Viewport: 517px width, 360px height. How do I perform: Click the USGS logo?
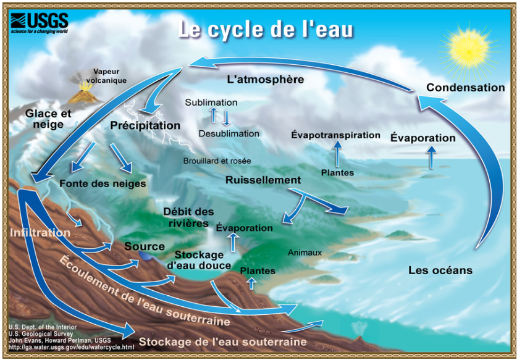[40, 23]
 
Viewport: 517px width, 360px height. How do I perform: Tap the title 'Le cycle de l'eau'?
[266, 29]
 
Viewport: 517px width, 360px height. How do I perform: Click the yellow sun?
[469, 50]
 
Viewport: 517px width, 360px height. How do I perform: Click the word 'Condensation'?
[466, 88]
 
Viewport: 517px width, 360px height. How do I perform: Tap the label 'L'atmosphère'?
[266, 80]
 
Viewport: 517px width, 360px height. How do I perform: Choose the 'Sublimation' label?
[211, 103]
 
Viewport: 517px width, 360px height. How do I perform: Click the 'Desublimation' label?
[229, 133]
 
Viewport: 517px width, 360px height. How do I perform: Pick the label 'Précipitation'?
[145, 125]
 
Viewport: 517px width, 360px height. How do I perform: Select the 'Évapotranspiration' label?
[335, 135]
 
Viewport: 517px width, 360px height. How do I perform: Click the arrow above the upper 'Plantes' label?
[337, 153]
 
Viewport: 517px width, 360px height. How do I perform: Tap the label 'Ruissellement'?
[263, 180]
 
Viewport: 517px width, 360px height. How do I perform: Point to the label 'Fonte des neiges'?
[103, 183]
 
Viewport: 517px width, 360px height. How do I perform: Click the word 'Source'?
[145, 246]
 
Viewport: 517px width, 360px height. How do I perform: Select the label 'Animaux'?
[305, 253]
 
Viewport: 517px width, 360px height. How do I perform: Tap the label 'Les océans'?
[440, 270]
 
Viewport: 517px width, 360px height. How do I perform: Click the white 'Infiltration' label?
[40, 232]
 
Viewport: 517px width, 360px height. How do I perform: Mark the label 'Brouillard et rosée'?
[217, 161]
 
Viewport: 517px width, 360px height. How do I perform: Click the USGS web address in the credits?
[72, 347]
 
